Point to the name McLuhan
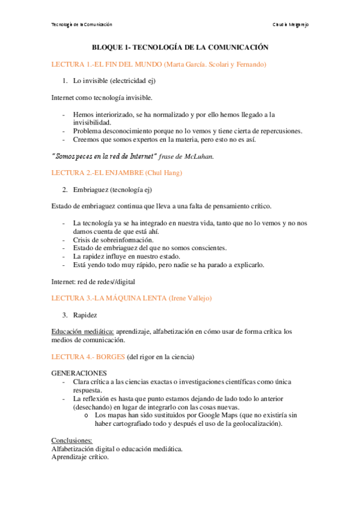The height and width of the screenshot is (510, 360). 198,156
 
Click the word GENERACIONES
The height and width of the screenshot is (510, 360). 79,373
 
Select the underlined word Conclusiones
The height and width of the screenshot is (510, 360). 72,440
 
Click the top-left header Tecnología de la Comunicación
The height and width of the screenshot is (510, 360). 82,24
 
